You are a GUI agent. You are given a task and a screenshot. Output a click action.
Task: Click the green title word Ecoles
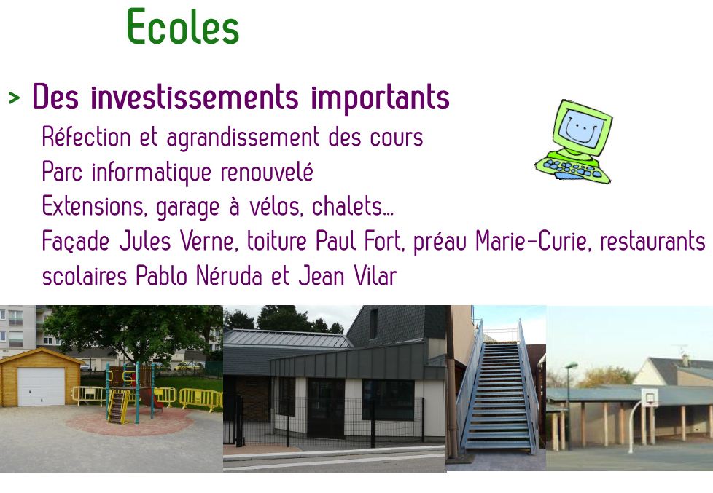pos(183,27)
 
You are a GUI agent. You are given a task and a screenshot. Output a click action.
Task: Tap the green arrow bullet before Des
pos(15,98)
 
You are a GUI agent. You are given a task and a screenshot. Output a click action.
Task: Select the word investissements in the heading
pos(194,98)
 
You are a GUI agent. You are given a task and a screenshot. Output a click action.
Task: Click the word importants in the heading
pos(380,98)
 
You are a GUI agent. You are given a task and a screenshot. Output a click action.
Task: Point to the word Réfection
pos(87,137)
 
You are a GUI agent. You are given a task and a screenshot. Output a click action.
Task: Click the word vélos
pos(276,206)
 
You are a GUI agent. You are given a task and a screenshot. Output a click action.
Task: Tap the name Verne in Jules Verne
pos(209,241)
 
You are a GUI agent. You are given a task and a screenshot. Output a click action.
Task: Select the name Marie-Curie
pos(534,241)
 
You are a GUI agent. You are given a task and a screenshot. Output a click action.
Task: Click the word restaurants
pos(652,241)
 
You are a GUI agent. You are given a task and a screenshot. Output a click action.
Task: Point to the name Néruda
pos(229,276)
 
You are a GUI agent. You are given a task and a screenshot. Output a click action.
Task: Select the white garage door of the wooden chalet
pos(41,386)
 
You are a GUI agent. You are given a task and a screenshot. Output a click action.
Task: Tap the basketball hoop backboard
pos(649,398)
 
